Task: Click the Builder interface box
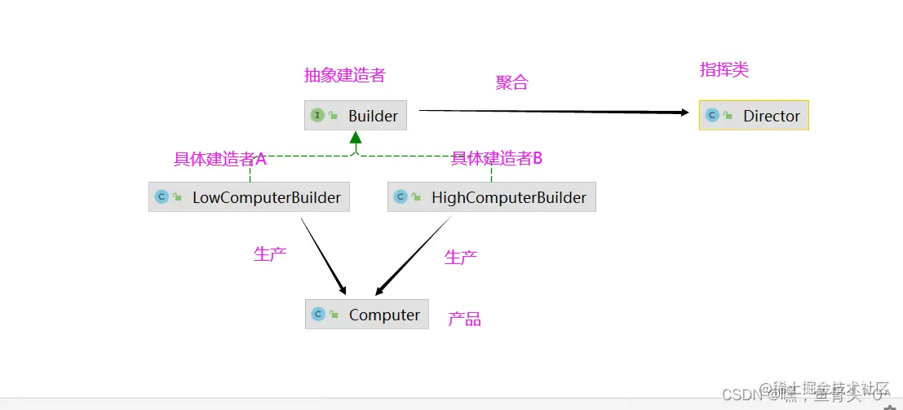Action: pyautogui.click(x=356, y=116)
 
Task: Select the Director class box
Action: pyautogui.click(x=754, y=116)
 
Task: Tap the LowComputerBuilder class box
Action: pyautogui.click(x=249, y=197)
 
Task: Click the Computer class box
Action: pyautogui.click(x=367, y=315)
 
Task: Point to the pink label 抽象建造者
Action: pyautogui.click(x=344, y=76)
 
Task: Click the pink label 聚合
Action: pyautogui.click(x=512, y=82)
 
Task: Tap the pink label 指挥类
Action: pyautogui.click(x=724, y=70)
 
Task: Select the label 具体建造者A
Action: pyautogui.click(x=220, y=159)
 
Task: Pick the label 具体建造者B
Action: pyautogui.click(x=497, y=159)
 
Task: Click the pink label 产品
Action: pyautogui.click(x=464, y=320)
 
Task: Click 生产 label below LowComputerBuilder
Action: pyautogui.click(x=270, y=253)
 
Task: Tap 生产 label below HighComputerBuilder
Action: pyautogui.click(x=461, y=258)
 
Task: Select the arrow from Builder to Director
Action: pyautogui.click(x=555, y=111)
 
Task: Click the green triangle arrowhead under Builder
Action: pyautogui.click(x=356, y=138)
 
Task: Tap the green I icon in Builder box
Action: pyautogui.click(x=317, y=116)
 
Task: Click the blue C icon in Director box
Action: pyautogui.click(x=712, y=116)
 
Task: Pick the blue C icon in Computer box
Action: pyautogui.click(x=318, y=315)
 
